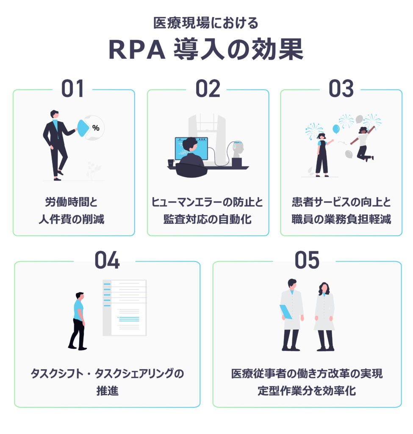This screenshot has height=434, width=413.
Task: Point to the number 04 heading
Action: pyautogui.click(x=107, y=260)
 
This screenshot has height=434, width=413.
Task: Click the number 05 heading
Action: pyautogui.click(x=307, y=260)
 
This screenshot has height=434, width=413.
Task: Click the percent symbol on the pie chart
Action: pyautogui.click(x=96, y=128)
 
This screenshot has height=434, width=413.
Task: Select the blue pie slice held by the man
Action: pyautogui.click(x=83, y=128)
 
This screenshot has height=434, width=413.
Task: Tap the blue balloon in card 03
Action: pyautogui.click(x=336, y=128)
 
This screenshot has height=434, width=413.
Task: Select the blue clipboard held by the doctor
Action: pyautogui.click(x=285, y=312)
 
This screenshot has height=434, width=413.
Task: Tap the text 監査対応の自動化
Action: pyautogui.click(x=208, y=220)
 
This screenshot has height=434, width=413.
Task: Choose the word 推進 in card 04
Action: pyautogui.click(x=107, y=390)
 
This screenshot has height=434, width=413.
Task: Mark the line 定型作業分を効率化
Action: pyautogui.click(x=307, y=390)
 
